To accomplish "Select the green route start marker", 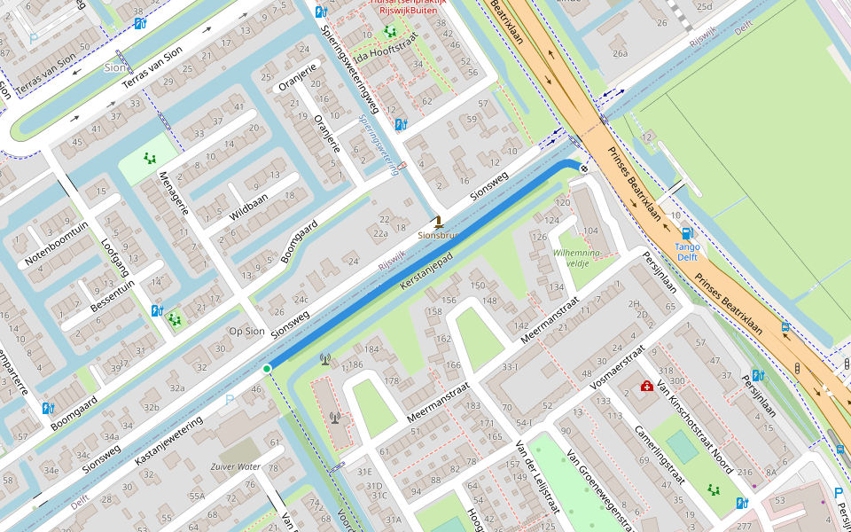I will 267,368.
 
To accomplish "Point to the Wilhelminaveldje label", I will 577,257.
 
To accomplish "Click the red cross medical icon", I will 647,387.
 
